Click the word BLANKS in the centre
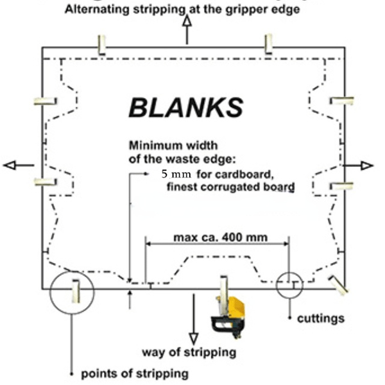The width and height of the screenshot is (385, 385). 186,107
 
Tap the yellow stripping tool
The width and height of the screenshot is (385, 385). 228,317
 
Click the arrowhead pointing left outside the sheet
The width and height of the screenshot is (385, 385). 10,165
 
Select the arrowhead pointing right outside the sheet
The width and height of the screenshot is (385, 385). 367,166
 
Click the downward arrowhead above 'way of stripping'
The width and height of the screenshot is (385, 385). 194,338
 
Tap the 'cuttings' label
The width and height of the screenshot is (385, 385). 321,318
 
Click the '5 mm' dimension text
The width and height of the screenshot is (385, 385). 176,174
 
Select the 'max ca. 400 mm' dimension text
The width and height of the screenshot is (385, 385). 221,237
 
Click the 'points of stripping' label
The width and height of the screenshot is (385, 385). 135,373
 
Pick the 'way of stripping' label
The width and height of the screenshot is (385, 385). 189,352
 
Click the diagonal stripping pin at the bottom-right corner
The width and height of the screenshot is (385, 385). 338,285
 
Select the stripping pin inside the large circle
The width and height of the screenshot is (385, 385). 76,291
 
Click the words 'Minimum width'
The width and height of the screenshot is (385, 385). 173,146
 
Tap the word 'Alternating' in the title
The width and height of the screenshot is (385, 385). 97,10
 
